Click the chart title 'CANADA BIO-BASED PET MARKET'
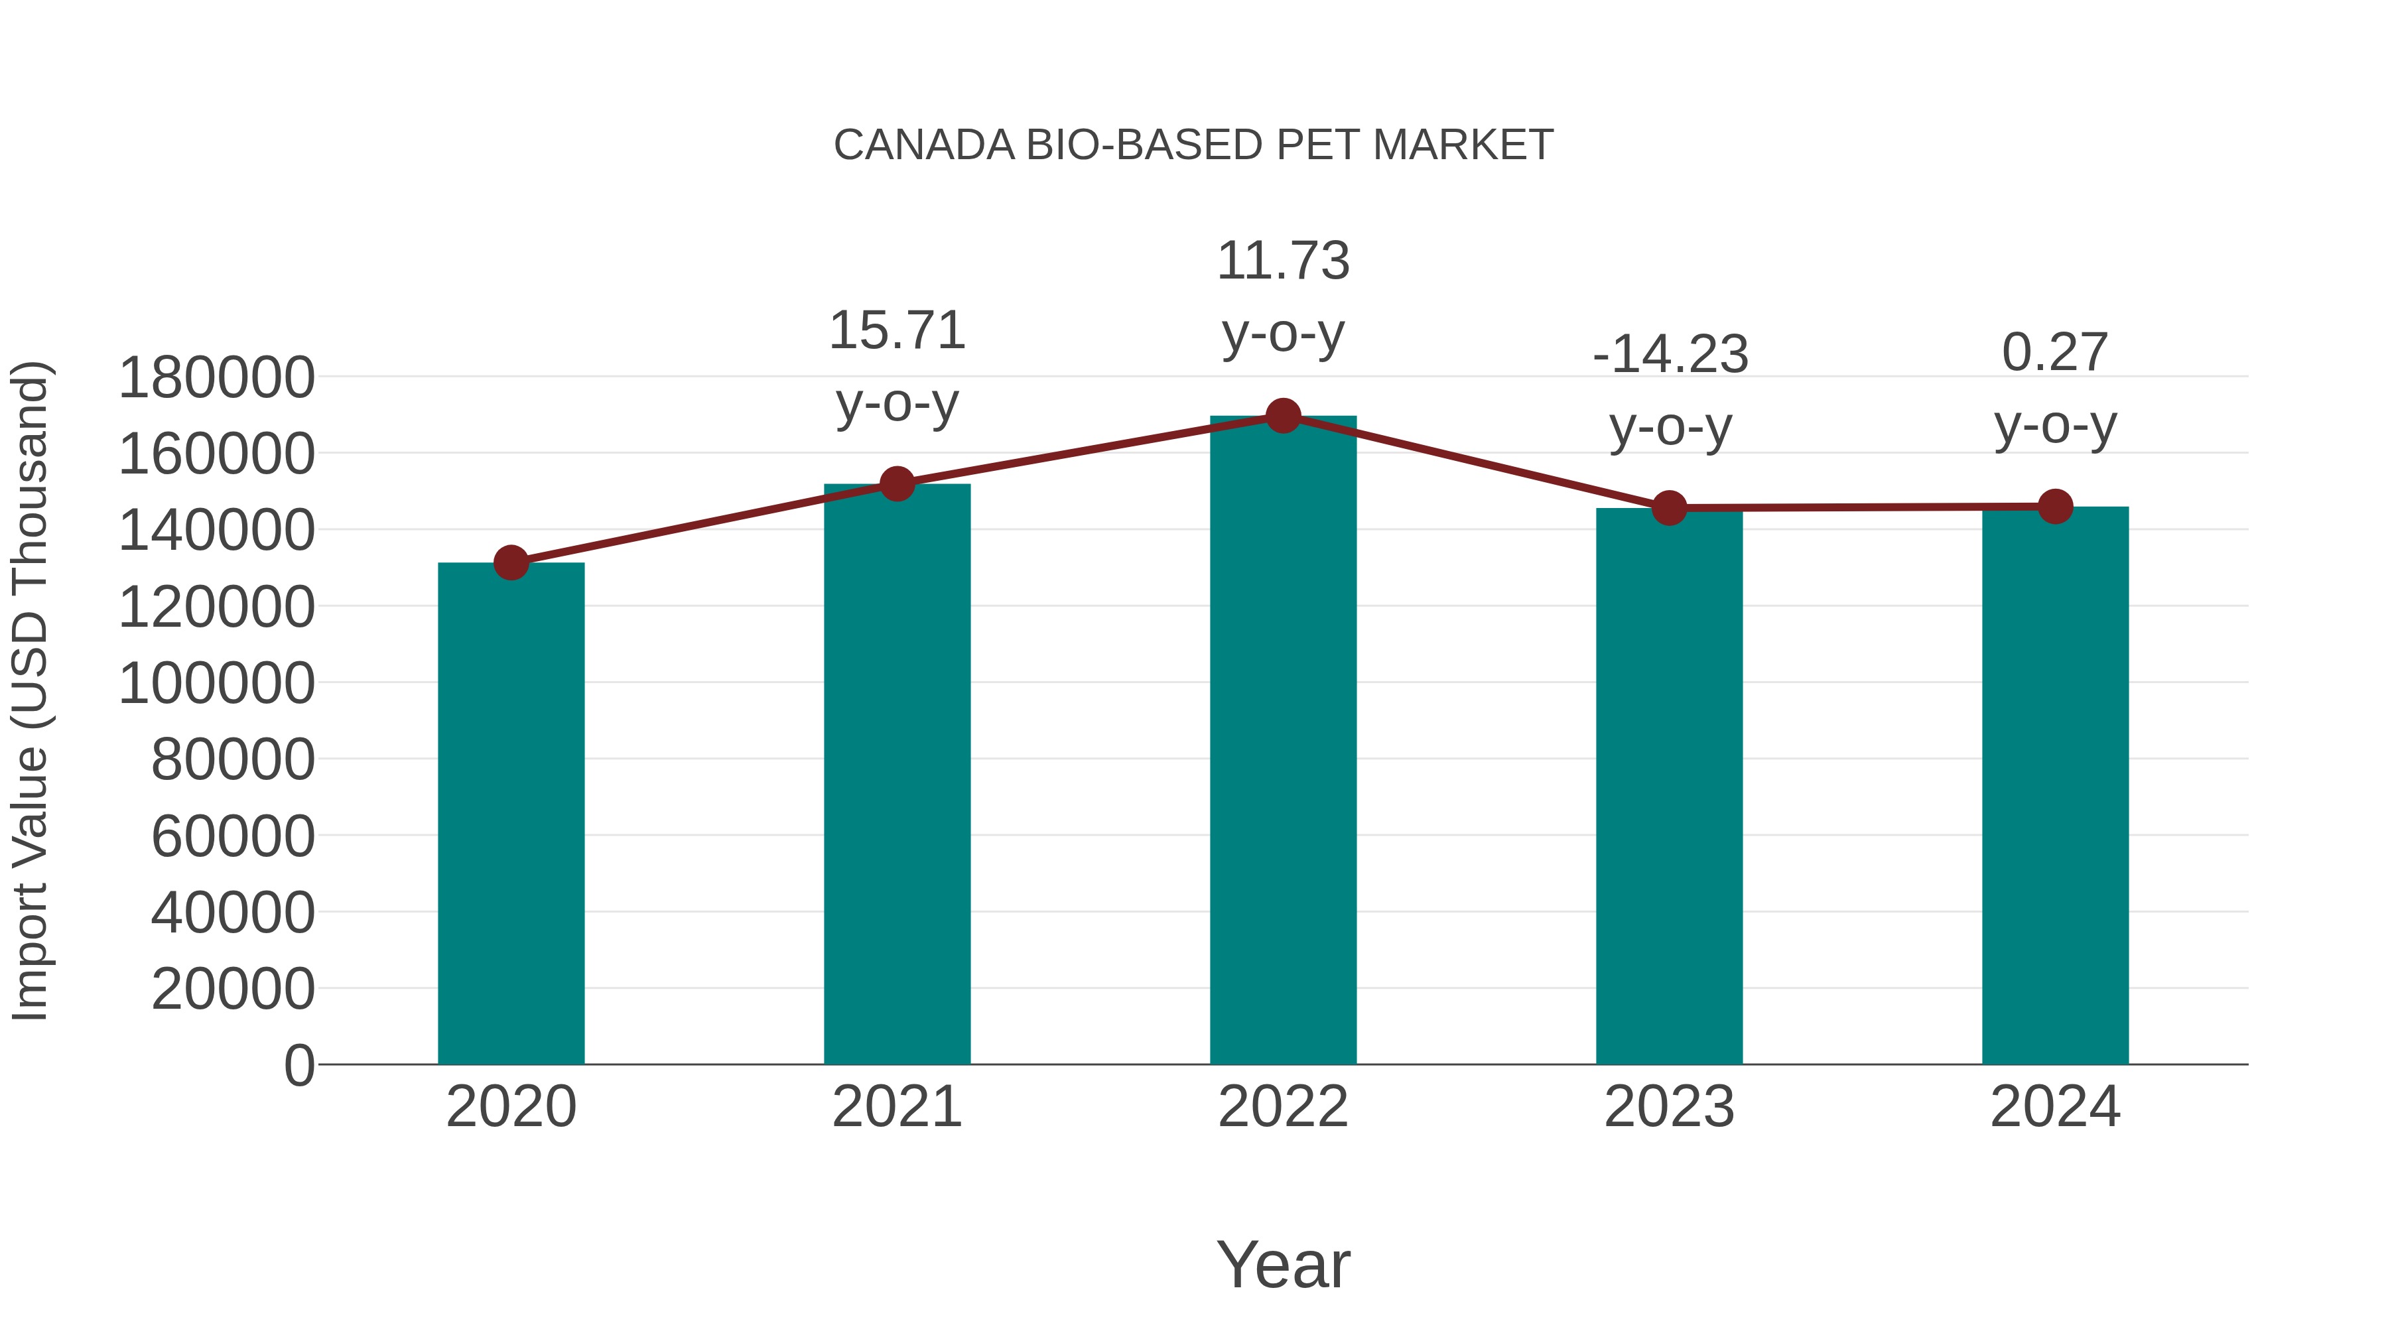coord(1193,145)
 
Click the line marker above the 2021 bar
coord(896,484)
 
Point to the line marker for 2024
coord(2055,507)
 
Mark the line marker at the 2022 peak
coord(1283,416)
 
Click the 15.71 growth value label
coord(896,331)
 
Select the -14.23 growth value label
coord(1670,355)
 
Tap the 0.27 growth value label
coord(2055,353)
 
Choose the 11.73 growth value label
coord(1283,261)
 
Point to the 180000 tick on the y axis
coord(217,378)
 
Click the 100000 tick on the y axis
coord(217,684)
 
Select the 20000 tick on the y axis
coord(233,989)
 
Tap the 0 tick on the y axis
coord(299,1065)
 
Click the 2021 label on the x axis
coord(896,1107)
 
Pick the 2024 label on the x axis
coord(2055,1107)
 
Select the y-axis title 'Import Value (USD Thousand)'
coord(30,692)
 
